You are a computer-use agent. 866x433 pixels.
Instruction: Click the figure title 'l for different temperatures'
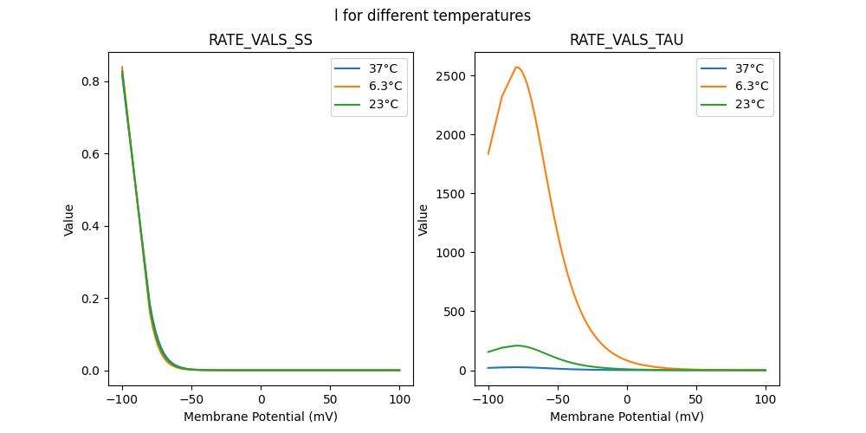click(433, 16)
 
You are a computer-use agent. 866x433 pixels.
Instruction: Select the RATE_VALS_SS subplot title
click(261, 41)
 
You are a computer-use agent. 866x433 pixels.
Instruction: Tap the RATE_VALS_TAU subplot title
click(627, 41)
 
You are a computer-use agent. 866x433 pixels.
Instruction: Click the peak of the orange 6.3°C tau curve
click(517, 68)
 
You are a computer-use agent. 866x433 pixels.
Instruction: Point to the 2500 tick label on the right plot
click(451, 76)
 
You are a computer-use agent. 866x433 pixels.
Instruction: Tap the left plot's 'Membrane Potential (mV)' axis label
click(261, 417)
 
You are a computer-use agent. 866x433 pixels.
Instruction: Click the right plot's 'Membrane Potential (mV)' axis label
click(627, 417)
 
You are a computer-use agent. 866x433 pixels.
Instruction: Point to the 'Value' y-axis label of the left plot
click(69, 220)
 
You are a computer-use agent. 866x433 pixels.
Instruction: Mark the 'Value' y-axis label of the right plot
click(423, 220)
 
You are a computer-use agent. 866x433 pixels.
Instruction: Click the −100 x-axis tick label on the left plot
click(122, 399)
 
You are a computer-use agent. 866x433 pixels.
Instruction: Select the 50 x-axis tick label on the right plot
click(696, 399)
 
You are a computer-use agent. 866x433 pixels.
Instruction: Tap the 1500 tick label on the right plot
click(451, 194)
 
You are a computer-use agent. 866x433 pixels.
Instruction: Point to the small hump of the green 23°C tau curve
click(518, 346)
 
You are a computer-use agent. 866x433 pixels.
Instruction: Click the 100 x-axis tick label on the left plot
click(400, 399)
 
